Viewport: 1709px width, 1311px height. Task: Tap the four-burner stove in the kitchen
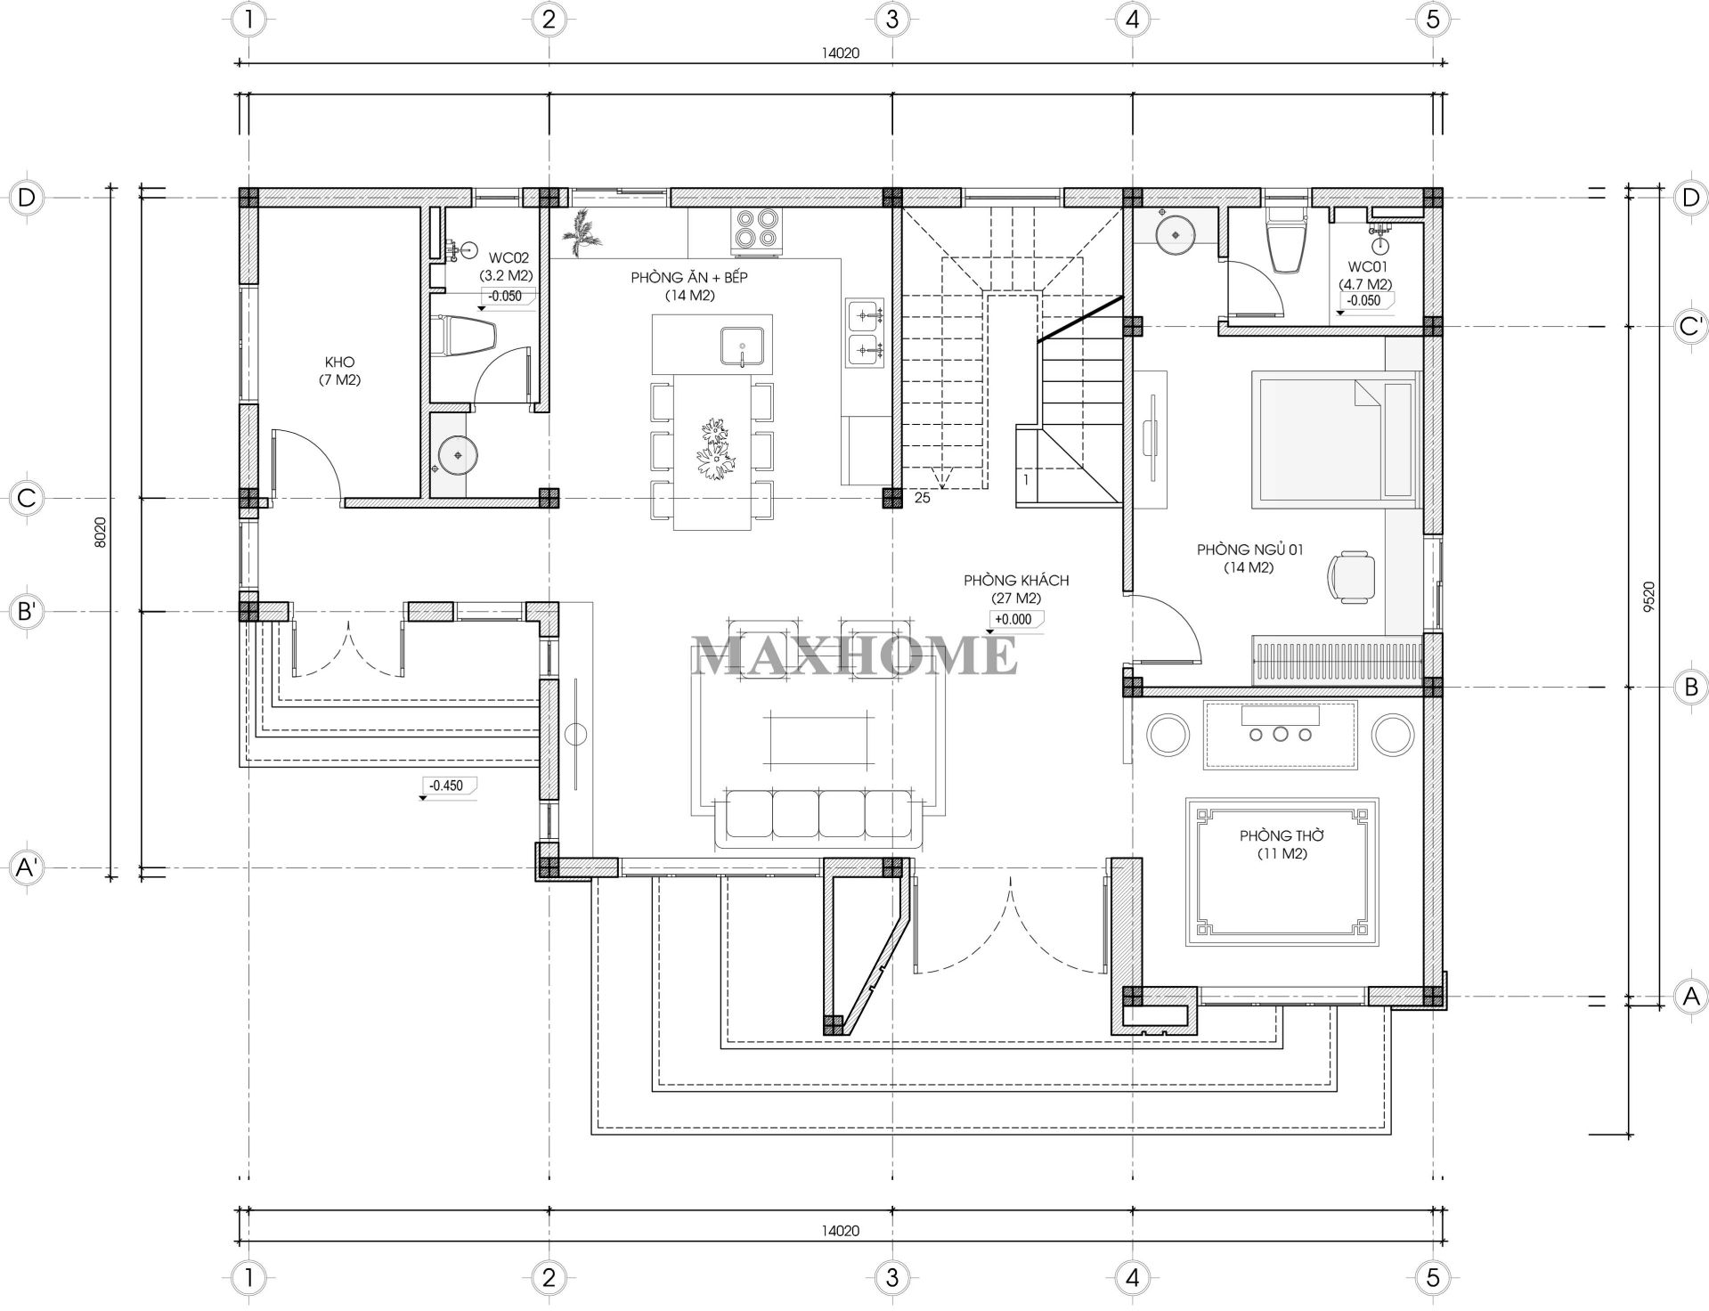[x=756, y=228]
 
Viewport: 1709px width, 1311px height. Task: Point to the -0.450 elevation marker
[x=447, y=786]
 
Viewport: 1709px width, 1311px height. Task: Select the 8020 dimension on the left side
[x=101, y=532]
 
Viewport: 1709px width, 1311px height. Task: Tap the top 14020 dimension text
[x=840, y=53]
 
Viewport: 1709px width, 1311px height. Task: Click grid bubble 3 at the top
[x=891, y=19]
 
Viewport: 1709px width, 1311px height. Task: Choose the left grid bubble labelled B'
[x=27, y=612]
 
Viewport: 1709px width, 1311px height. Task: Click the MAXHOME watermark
[x=855, y=655]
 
